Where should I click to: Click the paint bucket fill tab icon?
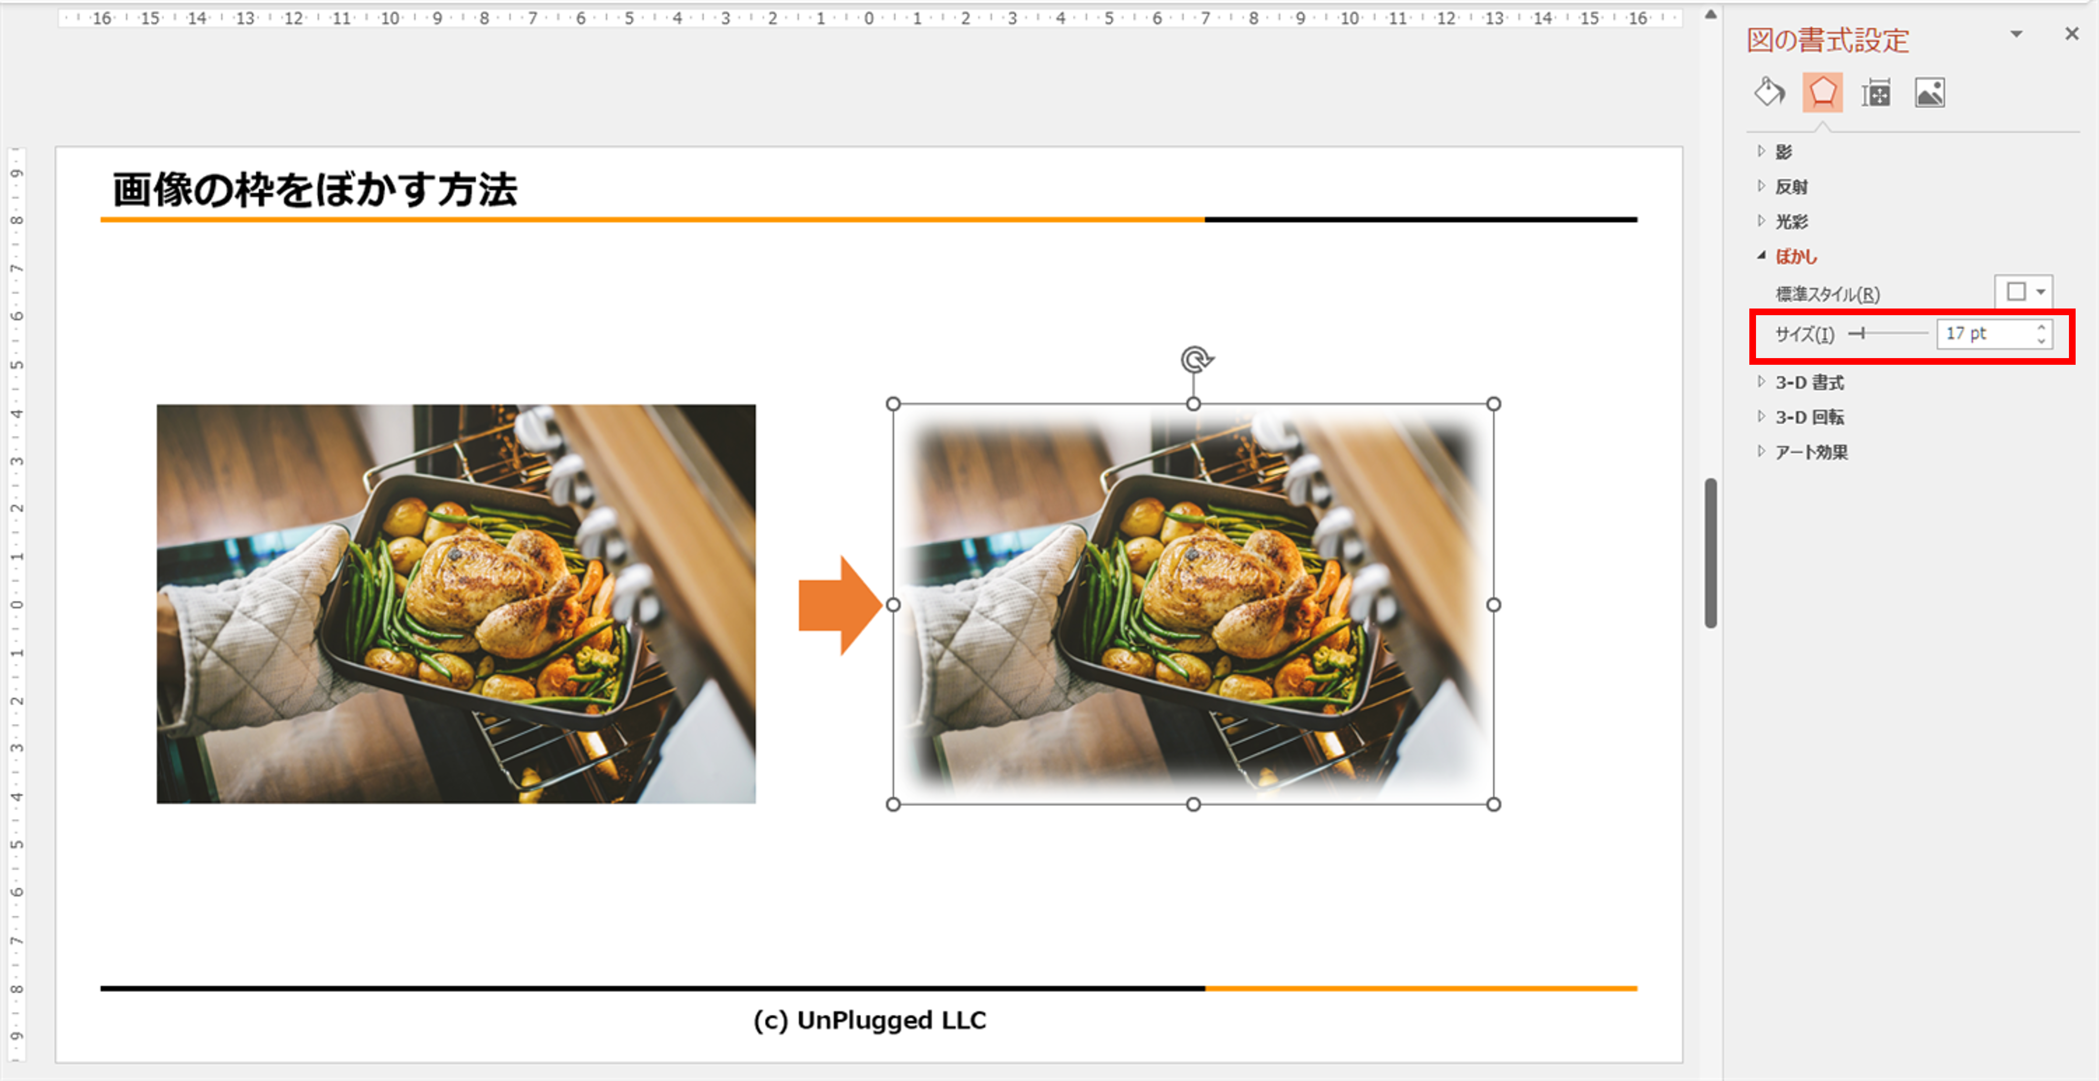tap(1769, 92)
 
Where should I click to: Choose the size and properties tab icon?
tap(1876, 93)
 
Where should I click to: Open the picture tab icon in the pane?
tap(1930, 93)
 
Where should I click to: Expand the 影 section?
tap(1784, 152)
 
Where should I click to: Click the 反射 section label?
tap(1791, 186)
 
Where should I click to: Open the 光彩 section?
tap(1791, 222)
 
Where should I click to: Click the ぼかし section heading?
tap(1796, 257)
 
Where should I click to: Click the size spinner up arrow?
tap(2041, 327)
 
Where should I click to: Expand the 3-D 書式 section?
tap(1809, 382)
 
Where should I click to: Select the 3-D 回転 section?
tap(1809, 417)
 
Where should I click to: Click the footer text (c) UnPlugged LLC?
tap(870, 1020)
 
